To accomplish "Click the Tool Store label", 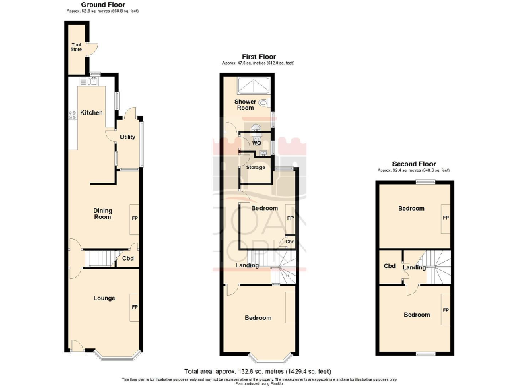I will [76, 46].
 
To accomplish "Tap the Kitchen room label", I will [92, 112].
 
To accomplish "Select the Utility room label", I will [127, 137].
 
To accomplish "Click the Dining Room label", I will [102, 214].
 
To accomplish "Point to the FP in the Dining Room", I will [135, 218].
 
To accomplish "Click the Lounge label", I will [104, 298].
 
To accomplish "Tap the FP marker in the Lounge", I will [135, 307].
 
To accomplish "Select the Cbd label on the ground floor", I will [127, 258].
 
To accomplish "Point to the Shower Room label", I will [245, 104].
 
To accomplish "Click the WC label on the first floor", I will [256, 143].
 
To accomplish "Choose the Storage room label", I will [256, 167].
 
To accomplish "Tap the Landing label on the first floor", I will [247, 266].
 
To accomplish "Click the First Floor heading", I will [258, 57].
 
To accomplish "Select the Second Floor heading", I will [414, 164].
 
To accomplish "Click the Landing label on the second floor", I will [414, 268].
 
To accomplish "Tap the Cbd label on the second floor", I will [389, 266].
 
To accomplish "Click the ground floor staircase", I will [98, 258].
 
